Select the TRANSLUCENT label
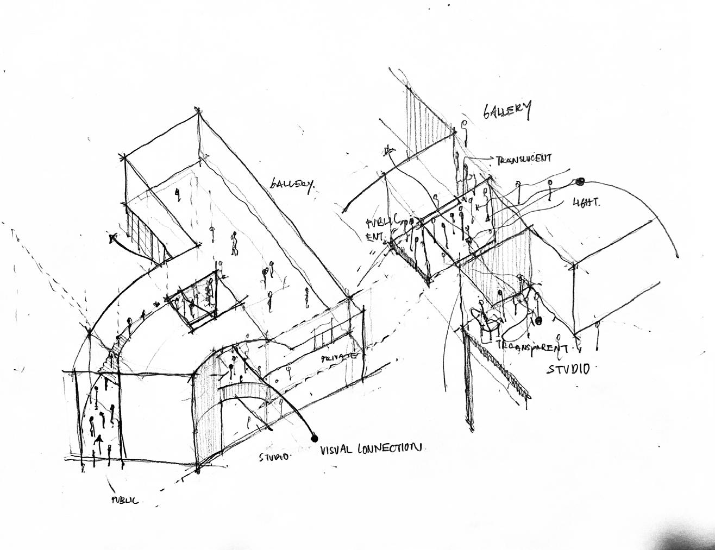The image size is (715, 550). (x=524, y=159)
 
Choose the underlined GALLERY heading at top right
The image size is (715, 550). (x=507, y=110)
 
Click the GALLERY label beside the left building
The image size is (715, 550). (x=292, y=185)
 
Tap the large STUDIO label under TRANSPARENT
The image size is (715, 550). (x=568, y=369)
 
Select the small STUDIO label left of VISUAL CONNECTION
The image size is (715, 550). (x=274, y=457)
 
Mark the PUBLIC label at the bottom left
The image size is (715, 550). (x=124, y=500)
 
